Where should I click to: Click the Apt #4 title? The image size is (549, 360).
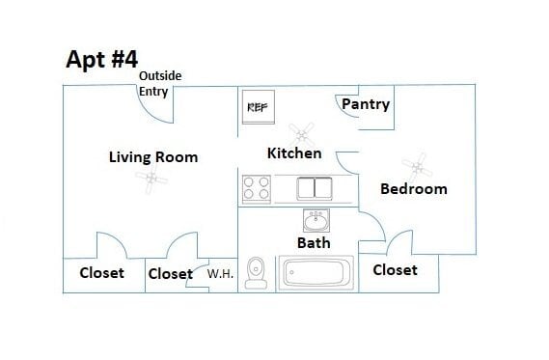(102, 59)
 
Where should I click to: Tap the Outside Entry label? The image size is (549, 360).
(160, 84)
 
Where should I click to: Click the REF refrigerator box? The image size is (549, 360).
(259, 107)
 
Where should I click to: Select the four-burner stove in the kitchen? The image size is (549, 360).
(257, 189)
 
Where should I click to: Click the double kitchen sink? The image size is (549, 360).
(315, 188)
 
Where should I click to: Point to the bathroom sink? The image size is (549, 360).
(316, 220)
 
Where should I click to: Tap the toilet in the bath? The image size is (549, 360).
(256, 273)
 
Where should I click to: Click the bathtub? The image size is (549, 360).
(316, 273)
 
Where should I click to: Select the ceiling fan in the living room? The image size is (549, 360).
(151, 179)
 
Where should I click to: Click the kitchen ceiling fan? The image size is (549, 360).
(302, 135)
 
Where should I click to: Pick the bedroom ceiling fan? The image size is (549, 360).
(418, 168)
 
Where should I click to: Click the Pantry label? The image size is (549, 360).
(366, 104)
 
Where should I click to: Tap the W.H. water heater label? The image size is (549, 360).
(220, 274)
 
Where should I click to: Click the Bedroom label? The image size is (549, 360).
(414, 189)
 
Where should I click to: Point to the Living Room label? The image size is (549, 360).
(153, 157)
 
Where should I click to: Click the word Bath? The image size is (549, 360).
(314, 242)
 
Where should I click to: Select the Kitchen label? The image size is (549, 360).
(294, 153)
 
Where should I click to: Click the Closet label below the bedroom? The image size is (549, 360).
(395, 270)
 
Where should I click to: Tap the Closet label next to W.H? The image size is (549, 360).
(171, 274)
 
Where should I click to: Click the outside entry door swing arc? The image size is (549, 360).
(149, 113)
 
